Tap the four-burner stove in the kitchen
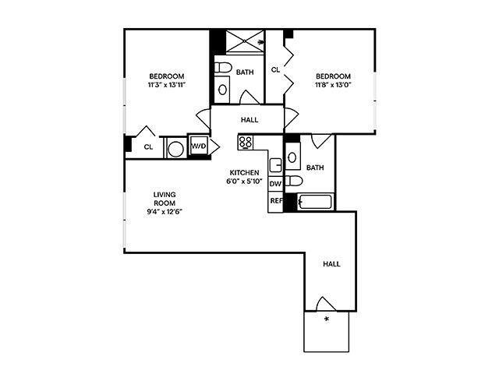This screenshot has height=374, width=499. click(x=246, y=143)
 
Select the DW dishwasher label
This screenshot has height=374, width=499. click(x=275, y=184)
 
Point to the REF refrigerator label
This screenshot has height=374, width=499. click(x=275, y=201)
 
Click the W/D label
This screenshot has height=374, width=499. click(x=198, y=146)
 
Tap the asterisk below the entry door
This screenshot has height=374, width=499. click(x=327, y=319)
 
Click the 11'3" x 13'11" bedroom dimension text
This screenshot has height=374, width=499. click(x=167, y=85)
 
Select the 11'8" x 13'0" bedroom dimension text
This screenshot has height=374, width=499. click(x=334, y=85)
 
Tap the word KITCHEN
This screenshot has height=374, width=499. click(x=244, y=172)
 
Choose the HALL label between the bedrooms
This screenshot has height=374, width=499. click(x=249, y=120)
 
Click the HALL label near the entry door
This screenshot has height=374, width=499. click(x=332, y=264)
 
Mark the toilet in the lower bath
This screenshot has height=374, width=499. click(x=293, y=181)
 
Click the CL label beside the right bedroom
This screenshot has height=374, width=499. click(x=275, y=69)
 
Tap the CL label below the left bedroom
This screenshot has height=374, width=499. click(x=148, y=146)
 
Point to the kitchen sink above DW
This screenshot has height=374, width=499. click(x=275, y=165)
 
